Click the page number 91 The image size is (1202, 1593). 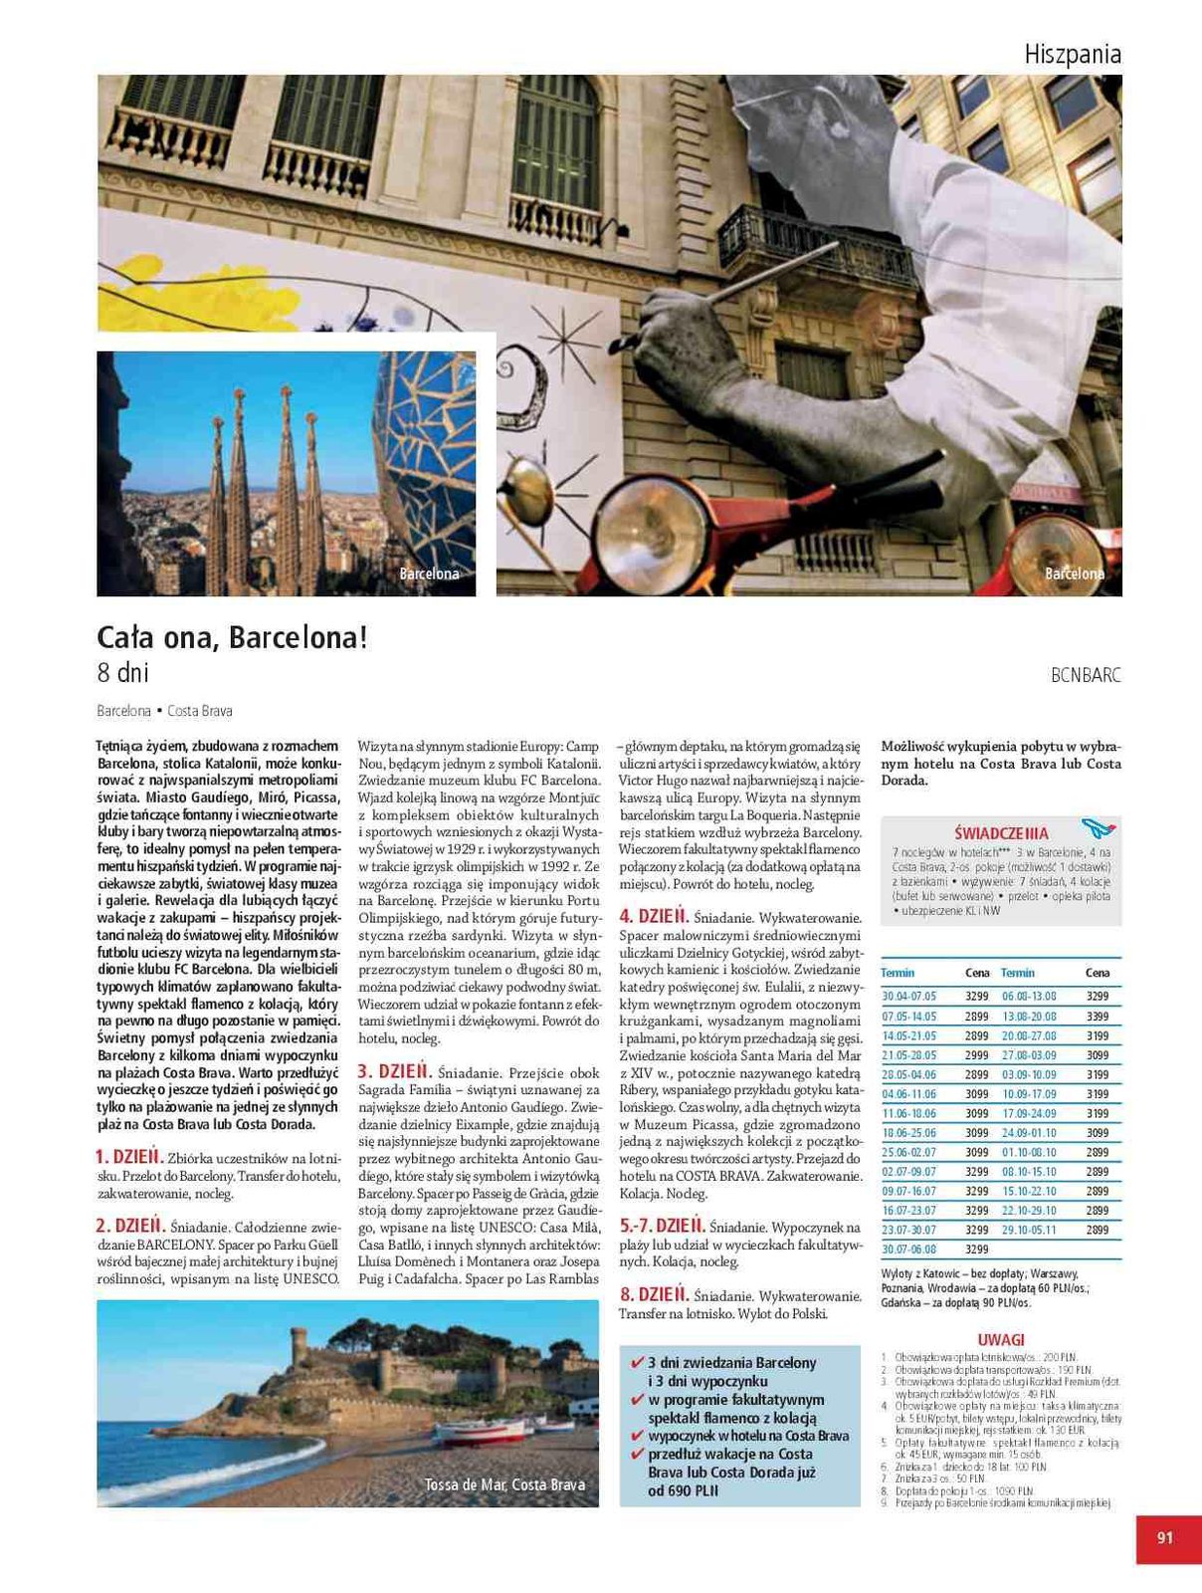tap(1165, 1537)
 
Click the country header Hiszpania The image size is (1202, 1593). tap(1072, 54)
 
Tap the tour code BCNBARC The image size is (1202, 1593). tap(1086, 675)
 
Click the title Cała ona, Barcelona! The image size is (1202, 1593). tap(232, 637)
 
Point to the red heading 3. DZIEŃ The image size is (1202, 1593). tap(394, 1071)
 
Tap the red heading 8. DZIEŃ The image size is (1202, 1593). tap(654, 1294)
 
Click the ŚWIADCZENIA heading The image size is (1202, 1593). tap(1001, 832)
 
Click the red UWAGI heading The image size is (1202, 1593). tap(1000, 1340)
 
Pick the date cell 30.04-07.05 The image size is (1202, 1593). tap(908, 996)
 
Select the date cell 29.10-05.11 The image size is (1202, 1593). tap(1029, 1230)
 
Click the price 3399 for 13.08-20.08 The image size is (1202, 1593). tap(1097, 1016)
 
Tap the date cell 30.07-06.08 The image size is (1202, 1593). tap(908, 1249)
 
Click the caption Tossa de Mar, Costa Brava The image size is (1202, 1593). tap(504, 1484)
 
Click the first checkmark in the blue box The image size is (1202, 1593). tap(637, 1362)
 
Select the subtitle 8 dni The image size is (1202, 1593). tap(122, 673)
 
